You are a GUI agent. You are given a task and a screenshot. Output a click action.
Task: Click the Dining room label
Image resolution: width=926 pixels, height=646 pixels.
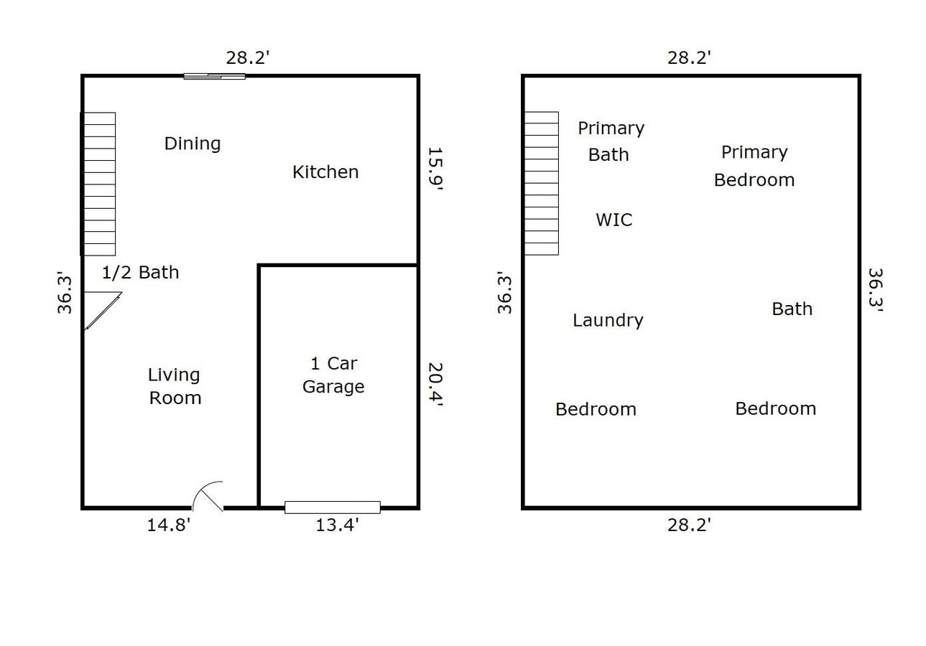coord(192,144)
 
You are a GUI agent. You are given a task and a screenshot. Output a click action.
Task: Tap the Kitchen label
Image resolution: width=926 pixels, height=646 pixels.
coord(325,172)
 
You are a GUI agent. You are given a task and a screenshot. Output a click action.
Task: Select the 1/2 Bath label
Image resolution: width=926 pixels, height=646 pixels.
coord(140,273)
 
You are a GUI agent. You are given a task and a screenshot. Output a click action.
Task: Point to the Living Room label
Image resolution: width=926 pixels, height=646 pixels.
coord(175,386)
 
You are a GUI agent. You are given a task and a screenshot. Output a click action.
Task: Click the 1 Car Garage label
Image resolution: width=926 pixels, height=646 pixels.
coord(333,375)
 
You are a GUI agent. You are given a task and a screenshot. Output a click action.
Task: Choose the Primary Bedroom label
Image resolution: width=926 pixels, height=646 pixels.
coord(754,166)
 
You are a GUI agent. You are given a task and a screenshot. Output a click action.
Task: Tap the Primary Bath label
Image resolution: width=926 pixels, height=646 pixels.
coord(611,141)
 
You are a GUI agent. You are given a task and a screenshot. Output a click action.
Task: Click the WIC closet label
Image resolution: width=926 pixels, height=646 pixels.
coord(614,220)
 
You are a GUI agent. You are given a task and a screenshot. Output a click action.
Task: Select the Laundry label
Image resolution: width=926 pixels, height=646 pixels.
coord(608,320)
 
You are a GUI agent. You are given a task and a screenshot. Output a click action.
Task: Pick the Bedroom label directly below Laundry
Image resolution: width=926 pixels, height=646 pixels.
coord(596,409)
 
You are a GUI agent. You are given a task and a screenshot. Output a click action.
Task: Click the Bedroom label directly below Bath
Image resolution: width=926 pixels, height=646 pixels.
coord(775,408)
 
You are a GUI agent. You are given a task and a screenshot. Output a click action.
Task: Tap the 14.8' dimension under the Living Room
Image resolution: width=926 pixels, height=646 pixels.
coord(169,525)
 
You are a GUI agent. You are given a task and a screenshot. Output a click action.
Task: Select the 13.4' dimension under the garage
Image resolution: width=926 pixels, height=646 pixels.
coord(337,525)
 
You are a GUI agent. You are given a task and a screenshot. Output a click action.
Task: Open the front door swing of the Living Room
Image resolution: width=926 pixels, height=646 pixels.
coord(209,496)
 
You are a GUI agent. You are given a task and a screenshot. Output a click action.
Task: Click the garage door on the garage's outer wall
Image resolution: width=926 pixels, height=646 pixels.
coord(332,507)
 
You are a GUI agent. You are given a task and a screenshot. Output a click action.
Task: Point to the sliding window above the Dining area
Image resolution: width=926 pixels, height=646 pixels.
coord(214,76)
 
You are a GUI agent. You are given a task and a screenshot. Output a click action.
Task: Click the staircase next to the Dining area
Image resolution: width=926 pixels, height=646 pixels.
coord(99,184)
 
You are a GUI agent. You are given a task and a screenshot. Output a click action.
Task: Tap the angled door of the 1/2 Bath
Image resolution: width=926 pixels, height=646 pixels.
coord(103,310)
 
